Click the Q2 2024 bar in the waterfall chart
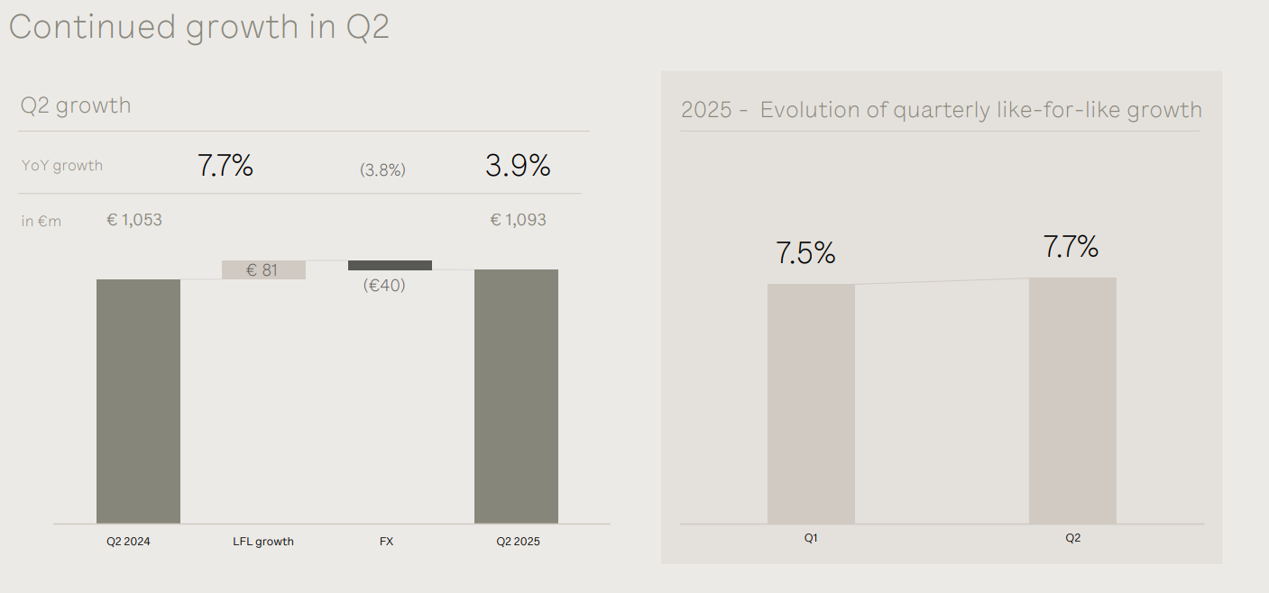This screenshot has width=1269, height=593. [x=138, y=401]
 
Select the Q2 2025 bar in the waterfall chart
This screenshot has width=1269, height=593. [x=516, y=397]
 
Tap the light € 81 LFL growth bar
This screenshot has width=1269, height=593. [x=263, y=269]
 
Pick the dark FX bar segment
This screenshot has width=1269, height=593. [x=390, y=265]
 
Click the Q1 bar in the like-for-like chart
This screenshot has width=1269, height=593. [x=811, y=404]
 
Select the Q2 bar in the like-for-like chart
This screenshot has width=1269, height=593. [x=1072, y=401]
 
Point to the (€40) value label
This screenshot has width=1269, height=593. [x=384, y=285]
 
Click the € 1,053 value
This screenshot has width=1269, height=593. [x=134, y=220]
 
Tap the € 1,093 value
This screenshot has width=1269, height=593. [x=518, y=220]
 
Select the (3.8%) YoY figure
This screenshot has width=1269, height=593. [x=382, y=169]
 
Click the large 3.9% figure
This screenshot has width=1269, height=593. [x=518, y=166]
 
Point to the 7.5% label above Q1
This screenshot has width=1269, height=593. [x=805, y=253]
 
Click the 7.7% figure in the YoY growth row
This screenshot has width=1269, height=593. [x=225, y=166]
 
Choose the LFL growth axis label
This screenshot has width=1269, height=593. [x=263, y=542]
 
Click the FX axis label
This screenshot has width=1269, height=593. [x=386, y=542]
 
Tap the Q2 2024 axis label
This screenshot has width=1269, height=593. [x=128, y=542]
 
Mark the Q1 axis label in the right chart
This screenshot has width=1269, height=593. [x=811, y=538]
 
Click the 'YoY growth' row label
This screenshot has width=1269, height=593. [x=61, y=166]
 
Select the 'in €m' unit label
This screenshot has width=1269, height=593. [x=41, y=221]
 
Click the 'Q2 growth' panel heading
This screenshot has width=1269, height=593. [x=76, y=105]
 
